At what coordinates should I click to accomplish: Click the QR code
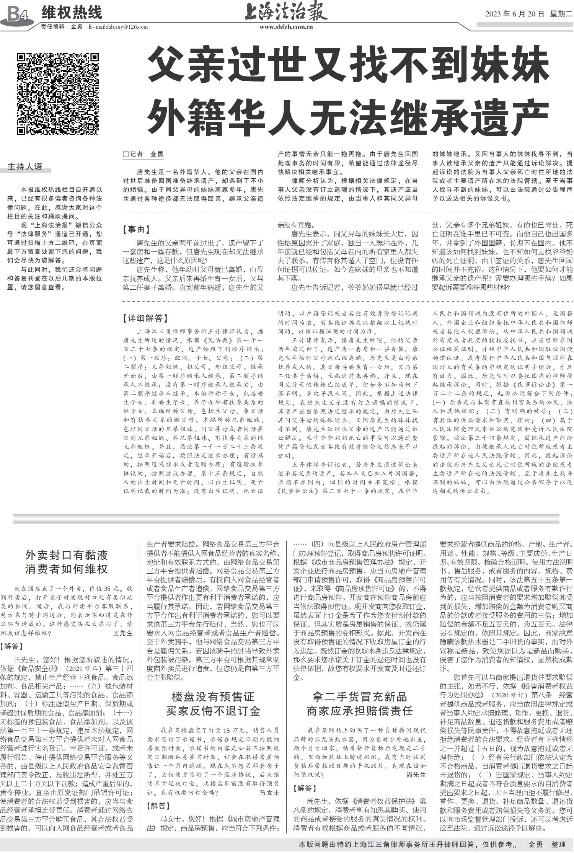pos(58,94)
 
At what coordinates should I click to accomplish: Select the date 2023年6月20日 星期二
pos(528,14)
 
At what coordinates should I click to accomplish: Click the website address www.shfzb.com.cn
pos(286,27)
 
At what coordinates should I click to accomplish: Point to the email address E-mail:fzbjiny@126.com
pos(118,27)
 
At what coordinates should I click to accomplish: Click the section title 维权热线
pos(72,13)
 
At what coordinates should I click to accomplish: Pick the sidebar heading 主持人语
pos(25,166)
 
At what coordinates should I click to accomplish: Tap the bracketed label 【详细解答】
pos(145,318)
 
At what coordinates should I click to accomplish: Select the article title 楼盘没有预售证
pos(213,696)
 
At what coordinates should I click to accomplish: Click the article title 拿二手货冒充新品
pos(360,696)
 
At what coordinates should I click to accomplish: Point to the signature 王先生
pos(122,633)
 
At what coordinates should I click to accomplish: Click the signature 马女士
pos(269,793)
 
